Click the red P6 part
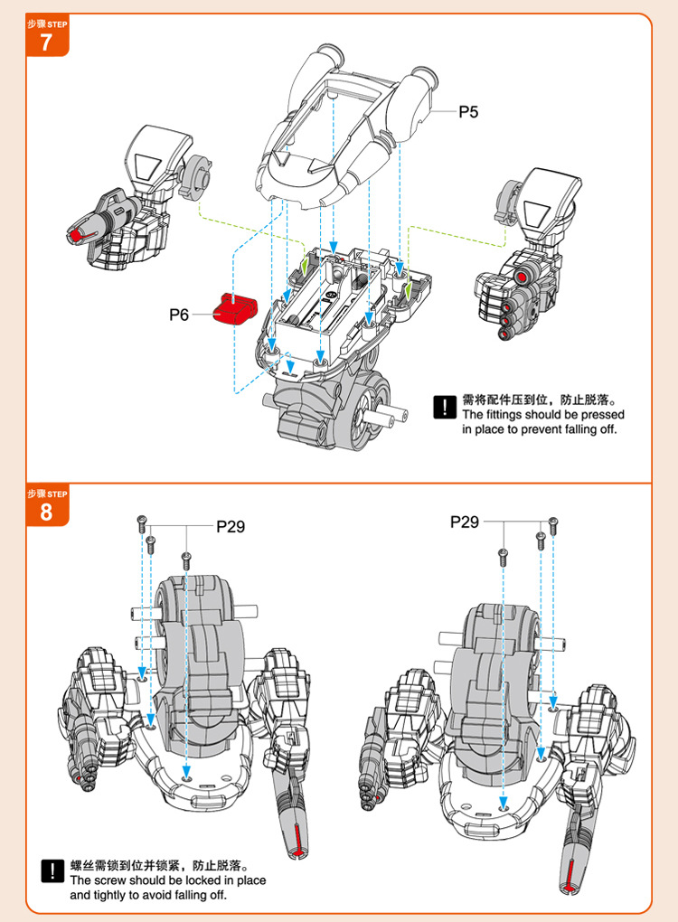coord(235,308)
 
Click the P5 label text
coord(468,112)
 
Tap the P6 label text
coord(179,315)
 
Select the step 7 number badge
coord(47,35)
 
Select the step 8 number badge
coord(47,505)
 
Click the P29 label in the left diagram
coord(231,526)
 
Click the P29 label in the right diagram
coord(465,522)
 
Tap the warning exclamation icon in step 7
coord(445,407)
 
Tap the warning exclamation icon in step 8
coord(53,870)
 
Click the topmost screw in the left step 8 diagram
coord(141,523)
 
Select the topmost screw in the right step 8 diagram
coord(552,524)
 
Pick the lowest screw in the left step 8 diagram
coord(186,560)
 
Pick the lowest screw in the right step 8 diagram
coord(504,556)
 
